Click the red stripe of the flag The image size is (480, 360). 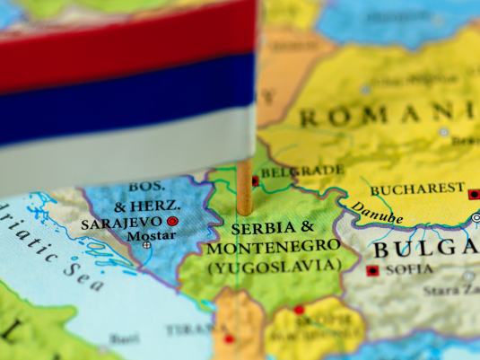click(126, 40)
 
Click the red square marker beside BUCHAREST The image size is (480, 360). click(474, 193)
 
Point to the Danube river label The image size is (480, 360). click(377, 214)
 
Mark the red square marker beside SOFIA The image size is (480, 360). click(372, 269)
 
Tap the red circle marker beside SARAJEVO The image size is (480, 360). click(172, 221)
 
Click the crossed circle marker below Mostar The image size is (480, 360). click(146, 244)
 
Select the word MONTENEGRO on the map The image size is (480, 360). click(273, 245)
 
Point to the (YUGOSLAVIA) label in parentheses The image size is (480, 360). click(273, 265)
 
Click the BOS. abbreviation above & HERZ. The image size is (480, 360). click(146, 186)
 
